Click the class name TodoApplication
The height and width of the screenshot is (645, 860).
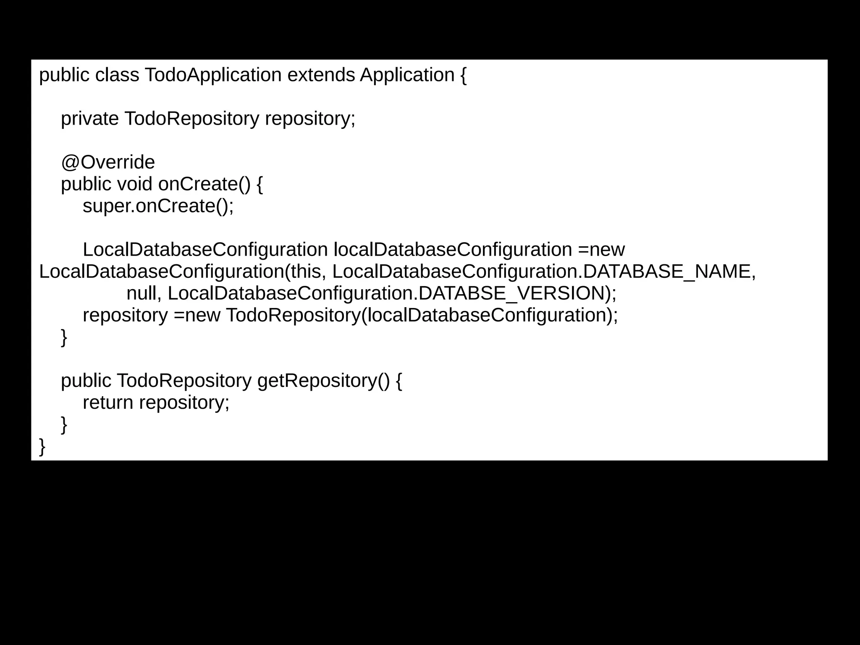213,76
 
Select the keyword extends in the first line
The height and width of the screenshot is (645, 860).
321,76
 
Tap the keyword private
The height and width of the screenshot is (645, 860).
90,119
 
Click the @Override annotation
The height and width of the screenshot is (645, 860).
108,162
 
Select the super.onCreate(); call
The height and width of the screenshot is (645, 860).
158,206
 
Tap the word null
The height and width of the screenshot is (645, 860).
141,293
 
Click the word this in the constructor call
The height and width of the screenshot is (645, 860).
305,272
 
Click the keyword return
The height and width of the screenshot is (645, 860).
108,402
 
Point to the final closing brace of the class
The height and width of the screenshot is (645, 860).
42,447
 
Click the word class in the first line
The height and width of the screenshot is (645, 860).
117,76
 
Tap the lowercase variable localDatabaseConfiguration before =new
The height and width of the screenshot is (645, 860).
453,250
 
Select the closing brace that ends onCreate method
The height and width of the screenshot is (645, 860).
64,337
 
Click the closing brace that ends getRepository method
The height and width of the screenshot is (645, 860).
64,425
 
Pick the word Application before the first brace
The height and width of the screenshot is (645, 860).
407,76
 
